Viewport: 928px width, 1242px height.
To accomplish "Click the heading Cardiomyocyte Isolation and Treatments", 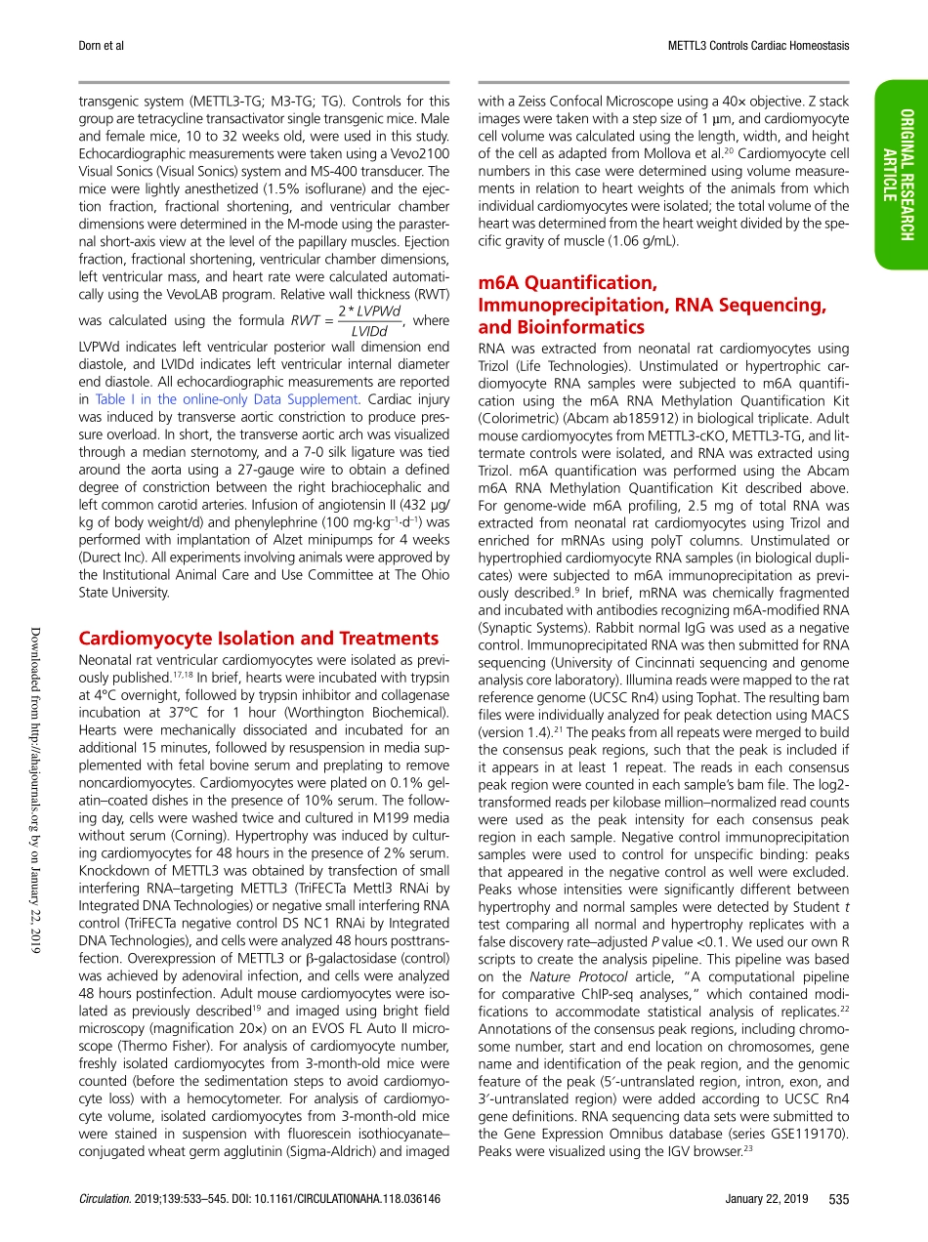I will pyautogui.click(x=259, y=639).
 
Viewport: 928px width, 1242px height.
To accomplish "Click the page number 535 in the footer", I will pyautogui.click(x=838, y=1199).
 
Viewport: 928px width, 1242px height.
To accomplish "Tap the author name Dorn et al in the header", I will pyautogui.click(x=103, y=46).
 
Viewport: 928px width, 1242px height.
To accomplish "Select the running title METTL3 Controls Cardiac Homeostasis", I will pyautogui.click(x=758, y=46).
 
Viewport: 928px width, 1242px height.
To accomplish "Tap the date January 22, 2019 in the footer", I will pyautogui.click(x=767, y=1199).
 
